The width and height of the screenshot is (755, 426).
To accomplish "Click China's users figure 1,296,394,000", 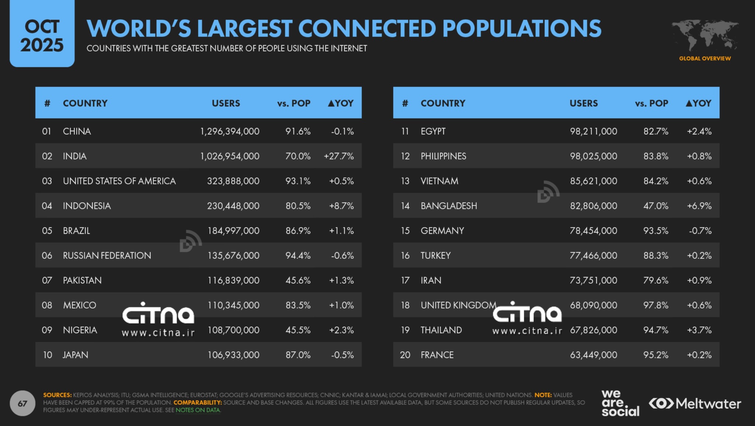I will click(x=230, y=131).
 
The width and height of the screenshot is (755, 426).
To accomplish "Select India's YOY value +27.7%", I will click(x=339, y=156).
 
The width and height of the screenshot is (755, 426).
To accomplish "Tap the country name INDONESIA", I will click(x=87, y=206).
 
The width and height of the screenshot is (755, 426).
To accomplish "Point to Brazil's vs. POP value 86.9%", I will click(x=298, y=231).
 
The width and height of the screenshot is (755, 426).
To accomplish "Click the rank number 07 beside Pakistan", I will click(x=47, y=280).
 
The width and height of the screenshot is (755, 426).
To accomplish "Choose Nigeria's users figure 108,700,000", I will click(x=233, y=330).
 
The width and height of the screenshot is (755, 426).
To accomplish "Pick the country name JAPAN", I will click(x=76, y=355).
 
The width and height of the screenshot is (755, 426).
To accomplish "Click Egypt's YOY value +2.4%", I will click(x=699, y=131).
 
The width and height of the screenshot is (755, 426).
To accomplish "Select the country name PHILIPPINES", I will click(x=443, y=156).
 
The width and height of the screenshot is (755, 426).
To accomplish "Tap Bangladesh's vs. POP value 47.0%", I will click(x=655, y=206).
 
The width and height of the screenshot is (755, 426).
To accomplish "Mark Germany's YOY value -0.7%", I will click(x=700, y=231).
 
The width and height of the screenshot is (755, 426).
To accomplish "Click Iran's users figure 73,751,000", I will click(x=593, y=280).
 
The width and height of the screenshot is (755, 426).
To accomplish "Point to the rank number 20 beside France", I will click(x=405, y=355).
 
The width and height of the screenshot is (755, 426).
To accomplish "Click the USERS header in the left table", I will click(x=226, y=103).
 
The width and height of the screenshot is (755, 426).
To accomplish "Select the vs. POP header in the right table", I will click(x=651, y=103).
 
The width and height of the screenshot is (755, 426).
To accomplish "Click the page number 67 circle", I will click(x=22, y=403).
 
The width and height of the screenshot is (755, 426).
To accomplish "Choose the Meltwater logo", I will click(x=695, y=404).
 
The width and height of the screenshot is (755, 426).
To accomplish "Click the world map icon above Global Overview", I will click(x=704, y=35).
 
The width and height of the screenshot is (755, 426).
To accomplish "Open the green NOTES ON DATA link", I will click(x=198, y=410).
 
